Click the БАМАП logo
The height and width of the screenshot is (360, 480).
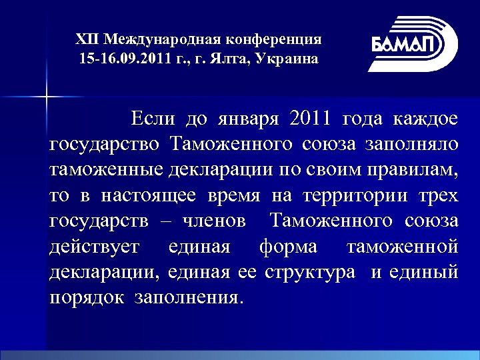(414, 43)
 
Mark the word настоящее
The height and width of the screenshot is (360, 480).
(149, 195)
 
